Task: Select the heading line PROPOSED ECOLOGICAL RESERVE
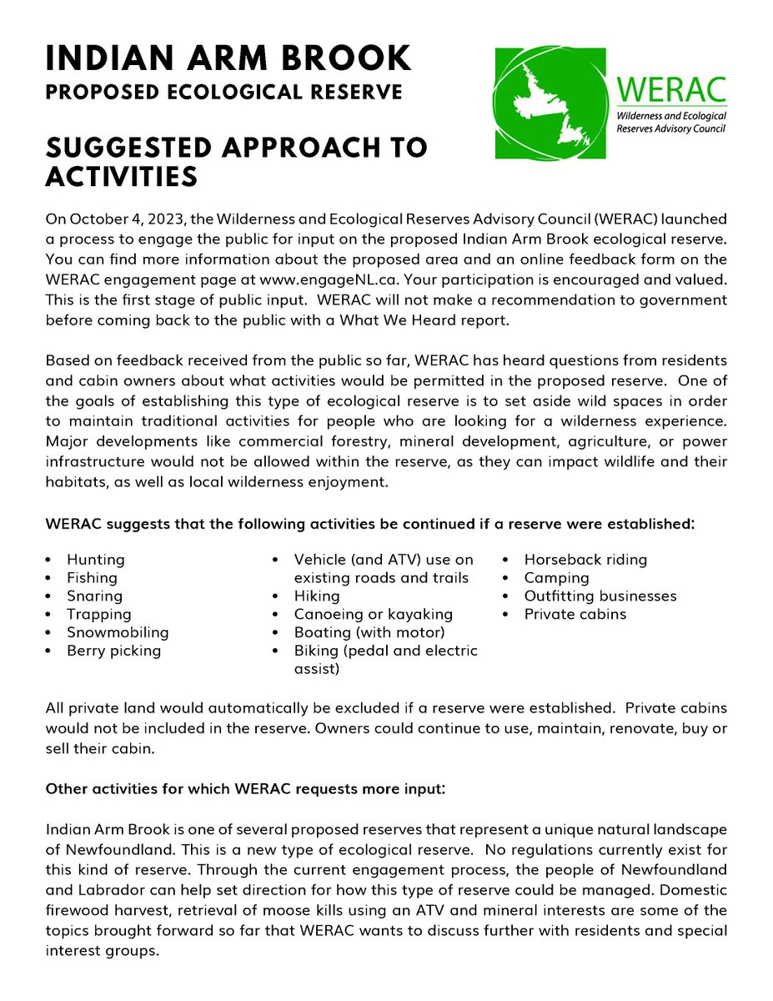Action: (x=223, y=91)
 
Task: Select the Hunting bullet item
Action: (x=96, y=560)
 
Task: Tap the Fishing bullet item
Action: (x=92, y=578)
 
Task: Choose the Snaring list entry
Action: (x=94, y=596)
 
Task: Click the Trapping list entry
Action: (x=99, y=615)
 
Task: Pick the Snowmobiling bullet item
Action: (x=118, y=632)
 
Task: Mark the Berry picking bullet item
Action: (x=114, y=651)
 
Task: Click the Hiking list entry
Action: (x=317, y=596)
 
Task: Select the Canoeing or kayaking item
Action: (x=373, y=615)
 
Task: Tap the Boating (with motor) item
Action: (x=369, y=632)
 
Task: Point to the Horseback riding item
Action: (x=585, y=560)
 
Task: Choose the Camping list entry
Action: (x=556, y=578)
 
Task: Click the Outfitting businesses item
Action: (x=600, y=596)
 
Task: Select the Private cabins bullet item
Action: (x=575, y=615)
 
